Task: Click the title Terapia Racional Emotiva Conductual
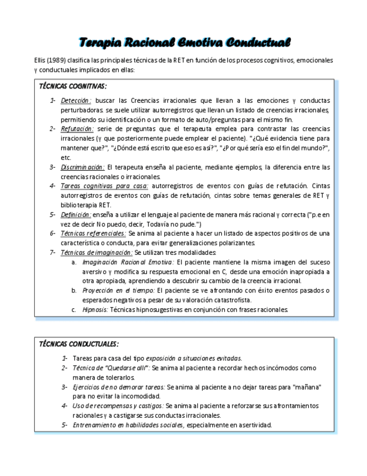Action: tap(184, 43)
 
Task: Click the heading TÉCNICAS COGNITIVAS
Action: tap(72, 86)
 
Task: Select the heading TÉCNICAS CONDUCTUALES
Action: tap(78, 344)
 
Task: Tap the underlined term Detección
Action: tap(76, 101)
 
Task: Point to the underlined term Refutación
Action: tap(77, 129)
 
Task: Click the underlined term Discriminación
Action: tap(82, 167)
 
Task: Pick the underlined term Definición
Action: tap(76, 214)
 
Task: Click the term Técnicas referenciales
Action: tap(93, 234)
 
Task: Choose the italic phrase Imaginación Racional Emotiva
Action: tap(128, 262)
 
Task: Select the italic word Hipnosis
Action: tap(95, 309)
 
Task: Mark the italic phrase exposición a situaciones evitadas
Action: tap(194, 358)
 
